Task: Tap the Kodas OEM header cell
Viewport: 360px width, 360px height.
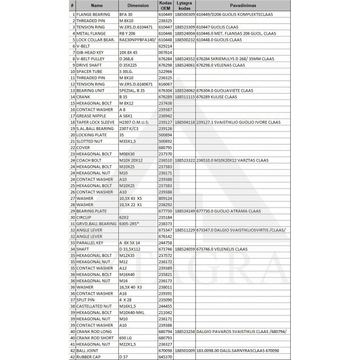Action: coord(166,5)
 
